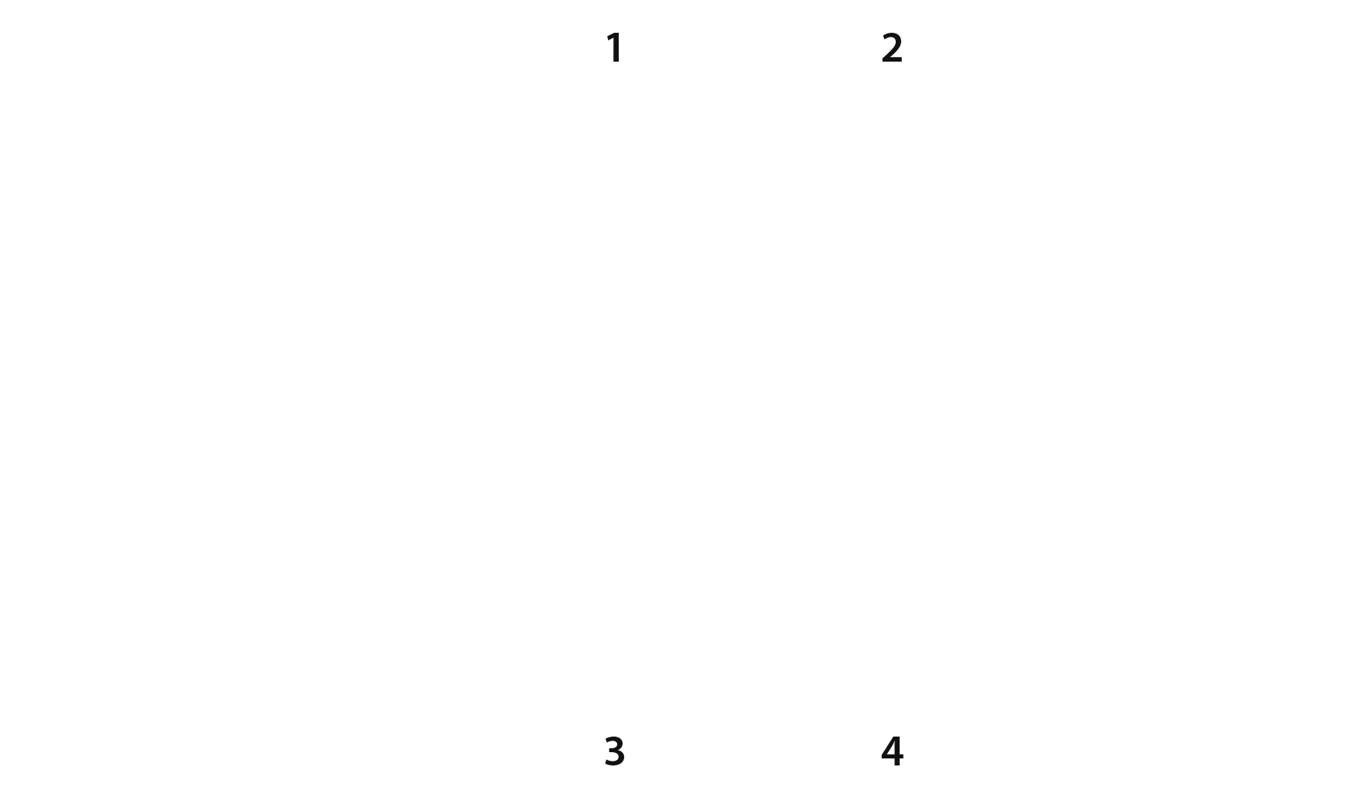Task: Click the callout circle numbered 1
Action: click(615, 48)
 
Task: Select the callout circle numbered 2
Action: click(892, 48)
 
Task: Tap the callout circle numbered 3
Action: click(615, 751)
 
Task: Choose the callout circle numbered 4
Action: click(892, 751)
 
